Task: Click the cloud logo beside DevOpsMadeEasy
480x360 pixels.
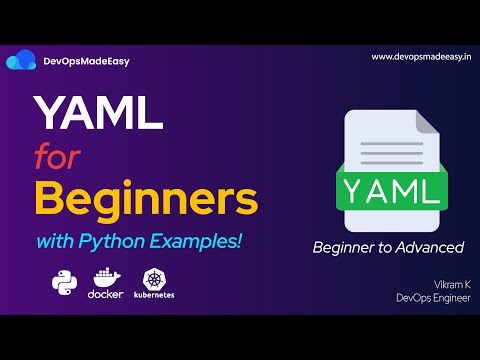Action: [x=21, y=61]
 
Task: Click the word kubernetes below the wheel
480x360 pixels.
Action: [x=155, y=293]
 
